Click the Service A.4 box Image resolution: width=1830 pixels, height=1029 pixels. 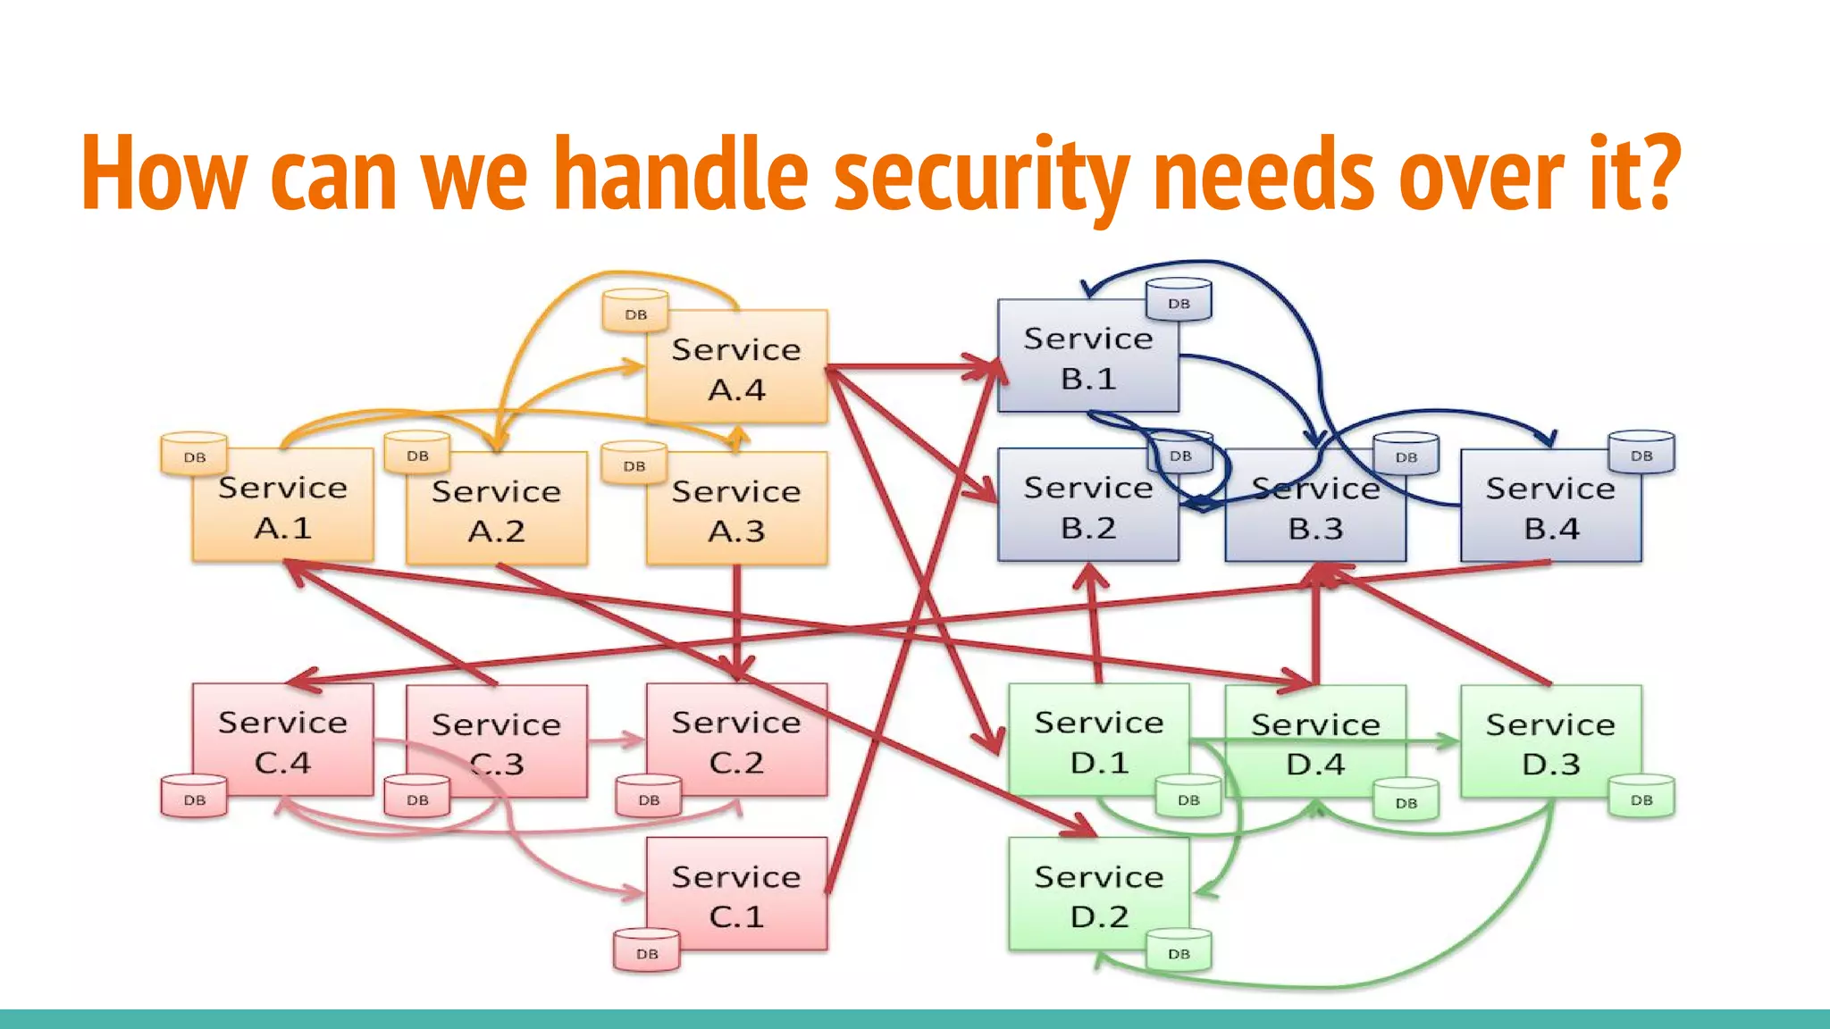pos(737,368)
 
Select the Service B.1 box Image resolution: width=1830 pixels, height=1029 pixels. pos(1087,357)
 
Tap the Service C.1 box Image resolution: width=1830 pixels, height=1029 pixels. pos(737,895)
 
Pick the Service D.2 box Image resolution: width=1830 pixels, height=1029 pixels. pos(1098,895)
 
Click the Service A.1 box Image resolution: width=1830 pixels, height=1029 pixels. pos(282,506)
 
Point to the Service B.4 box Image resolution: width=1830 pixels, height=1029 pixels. pos(1550,506)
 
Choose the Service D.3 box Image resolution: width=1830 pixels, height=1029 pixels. pos(1550,742)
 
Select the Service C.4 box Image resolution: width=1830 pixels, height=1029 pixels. pos(282,740)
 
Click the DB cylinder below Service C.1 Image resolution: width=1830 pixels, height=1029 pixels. pos(647,951)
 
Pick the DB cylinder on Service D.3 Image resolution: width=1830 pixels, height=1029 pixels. pos(1641,797)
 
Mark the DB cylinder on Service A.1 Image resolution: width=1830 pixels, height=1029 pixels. pos(194,455)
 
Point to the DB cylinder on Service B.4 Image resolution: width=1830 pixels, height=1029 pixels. pos(1641,453)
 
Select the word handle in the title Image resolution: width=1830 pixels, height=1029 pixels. pos(681,173)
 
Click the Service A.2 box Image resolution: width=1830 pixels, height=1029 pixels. pos(497,510)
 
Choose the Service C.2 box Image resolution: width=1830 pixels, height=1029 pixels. pos(737,740)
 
